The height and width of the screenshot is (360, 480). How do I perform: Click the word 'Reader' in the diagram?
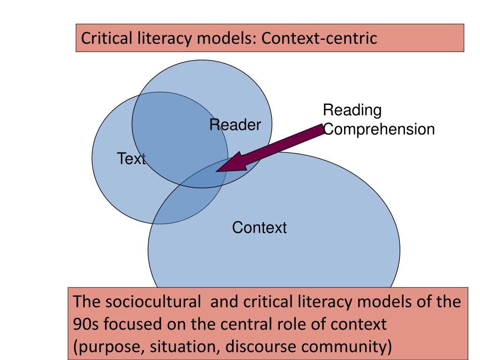coord(235,125)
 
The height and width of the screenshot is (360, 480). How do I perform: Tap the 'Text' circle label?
coord(131,159)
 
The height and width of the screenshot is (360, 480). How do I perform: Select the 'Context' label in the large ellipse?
coord(259,228)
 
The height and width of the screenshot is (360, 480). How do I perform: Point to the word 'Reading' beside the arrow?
coord(352,111)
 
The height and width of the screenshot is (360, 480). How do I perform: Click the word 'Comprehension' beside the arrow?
coord(379,129)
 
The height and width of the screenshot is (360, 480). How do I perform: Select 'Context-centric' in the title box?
coord(319,38)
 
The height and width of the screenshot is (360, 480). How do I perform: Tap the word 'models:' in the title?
coord(225,38)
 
